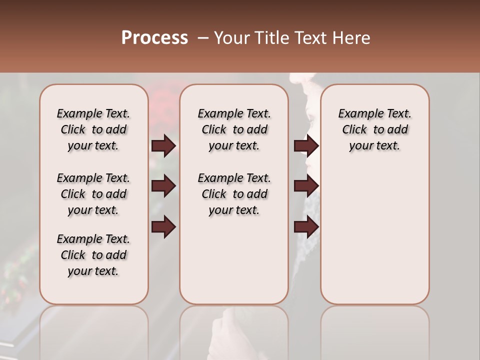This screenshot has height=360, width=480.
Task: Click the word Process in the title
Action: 154,38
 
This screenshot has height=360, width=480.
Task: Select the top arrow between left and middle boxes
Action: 163,146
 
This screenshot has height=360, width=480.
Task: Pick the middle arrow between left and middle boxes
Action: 163,186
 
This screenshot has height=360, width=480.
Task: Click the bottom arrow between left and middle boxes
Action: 163,227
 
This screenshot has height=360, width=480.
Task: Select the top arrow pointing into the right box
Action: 306,146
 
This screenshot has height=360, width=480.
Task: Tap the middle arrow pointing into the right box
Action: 306,186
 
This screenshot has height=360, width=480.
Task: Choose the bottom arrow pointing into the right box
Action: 306,227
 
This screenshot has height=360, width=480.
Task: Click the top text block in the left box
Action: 93,129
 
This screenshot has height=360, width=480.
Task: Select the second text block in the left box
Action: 93,194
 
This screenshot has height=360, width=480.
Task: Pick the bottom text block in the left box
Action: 93,255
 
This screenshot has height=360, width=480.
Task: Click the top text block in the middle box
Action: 234,129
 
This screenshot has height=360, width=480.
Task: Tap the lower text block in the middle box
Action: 234,194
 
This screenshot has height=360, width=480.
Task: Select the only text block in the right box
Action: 374,129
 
